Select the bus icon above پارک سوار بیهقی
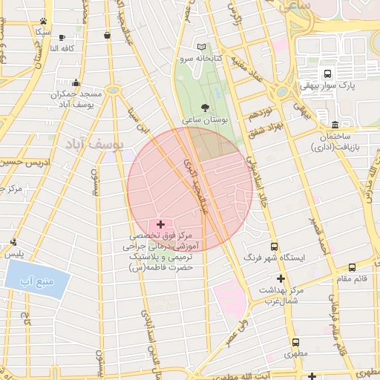point(327,74)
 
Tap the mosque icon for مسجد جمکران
point(76,83)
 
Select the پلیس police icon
point(13,242)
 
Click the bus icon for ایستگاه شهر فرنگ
point(274,246)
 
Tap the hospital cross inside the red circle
point(160,223)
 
